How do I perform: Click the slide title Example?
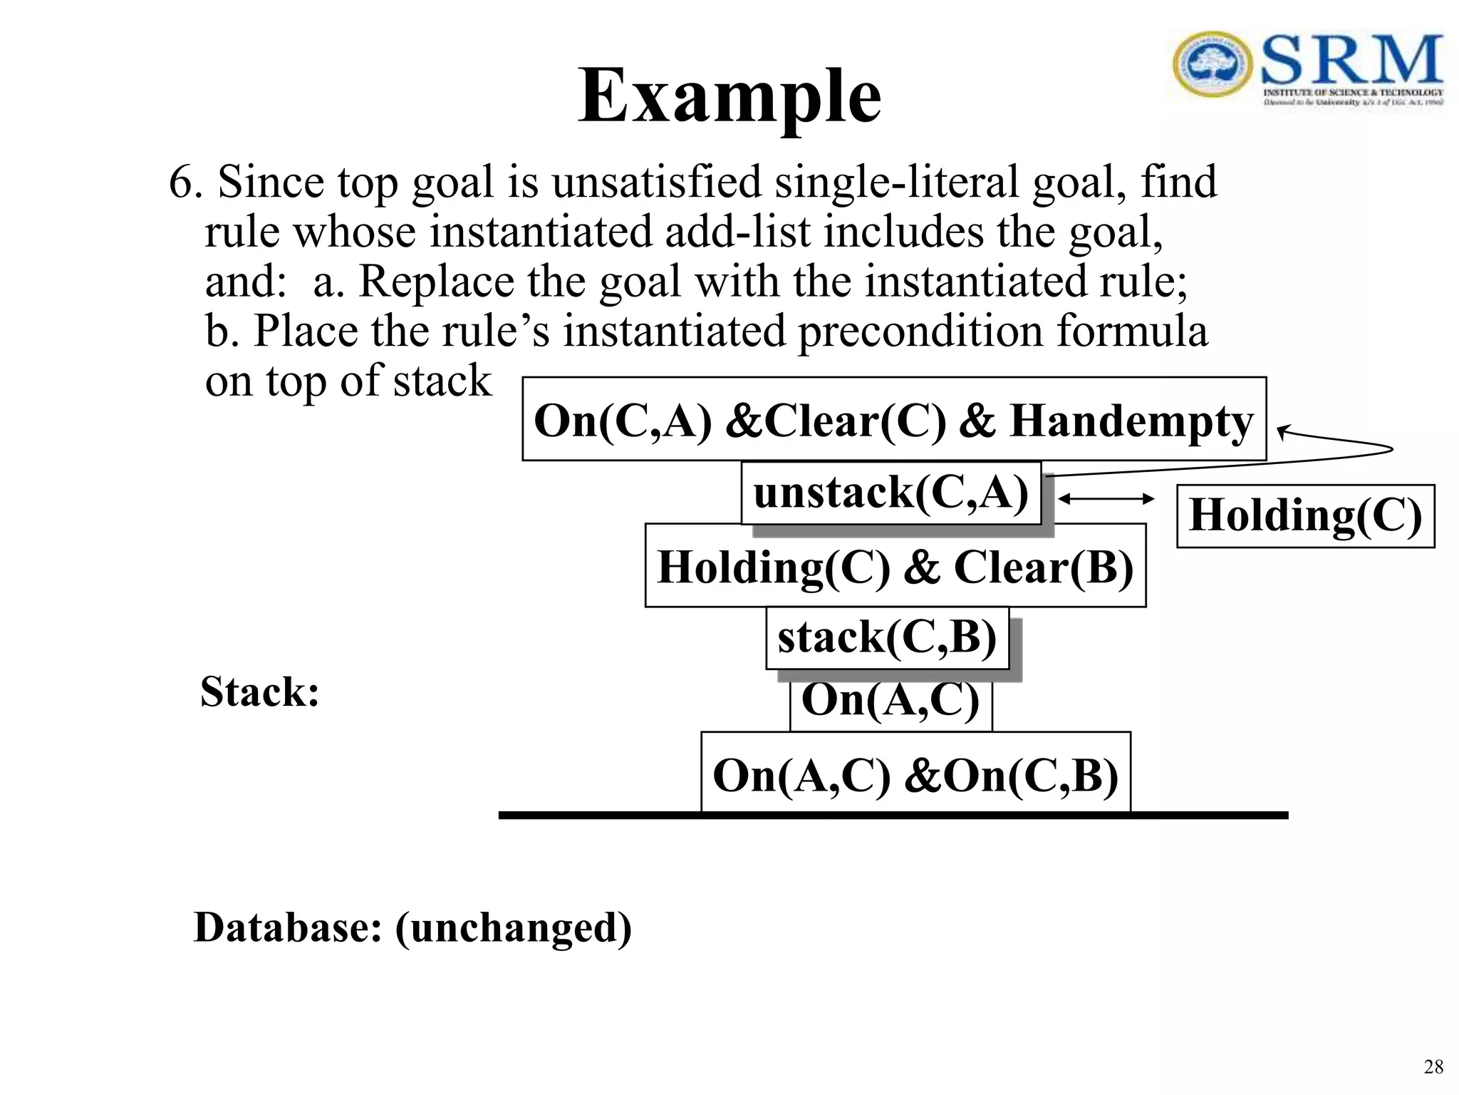(x=729, y=96)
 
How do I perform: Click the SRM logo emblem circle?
(x=1212, y=64)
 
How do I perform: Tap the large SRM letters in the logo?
(x=1351, y=61)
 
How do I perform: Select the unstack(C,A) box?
(x=891, y=493)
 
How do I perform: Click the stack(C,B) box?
(x=887, y=637)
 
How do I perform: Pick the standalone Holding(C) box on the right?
(x=1305, y=515)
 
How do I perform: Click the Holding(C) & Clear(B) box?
(x=895, y=566)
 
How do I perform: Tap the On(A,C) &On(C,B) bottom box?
(x=915, y=774)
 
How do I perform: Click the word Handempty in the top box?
(x=1131, y=421)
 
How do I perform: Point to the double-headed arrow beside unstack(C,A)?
(x=1106, y=499)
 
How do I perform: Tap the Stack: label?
(x=259, y=692)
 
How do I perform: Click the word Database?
(x=288, y=927)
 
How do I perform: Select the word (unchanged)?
(x=513, y=927)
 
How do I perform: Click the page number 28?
(x=1433, y=1066)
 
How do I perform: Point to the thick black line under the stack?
(x=893, y=816)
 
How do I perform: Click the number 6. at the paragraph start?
(x=185, y=182)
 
